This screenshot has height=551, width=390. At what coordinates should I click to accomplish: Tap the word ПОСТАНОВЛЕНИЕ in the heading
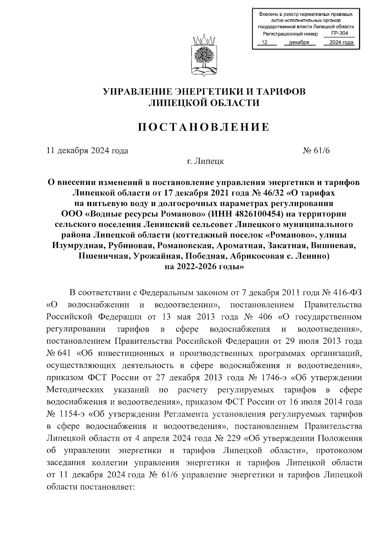[x=204, y=127]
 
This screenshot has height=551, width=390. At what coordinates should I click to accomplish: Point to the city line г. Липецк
[x=203, y=161]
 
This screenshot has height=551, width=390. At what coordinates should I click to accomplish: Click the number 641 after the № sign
[x=67, y=353]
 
